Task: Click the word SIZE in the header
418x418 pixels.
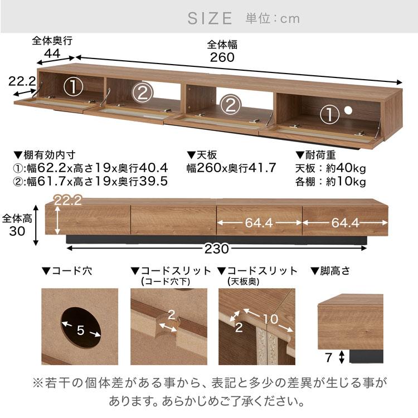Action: click(x=210, y=18)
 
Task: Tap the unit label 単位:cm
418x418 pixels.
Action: click(x=273, y=18)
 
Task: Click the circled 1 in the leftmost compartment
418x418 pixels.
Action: click(x=72, y=87)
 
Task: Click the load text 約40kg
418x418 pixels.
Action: click(x=347, y=168)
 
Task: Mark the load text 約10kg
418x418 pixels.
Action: click(x=347, y=182)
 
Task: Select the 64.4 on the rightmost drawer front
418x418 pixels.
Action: click(x=345, y=223)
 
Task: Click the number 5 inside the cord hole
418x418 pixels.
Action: click(x=81, y=330)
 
